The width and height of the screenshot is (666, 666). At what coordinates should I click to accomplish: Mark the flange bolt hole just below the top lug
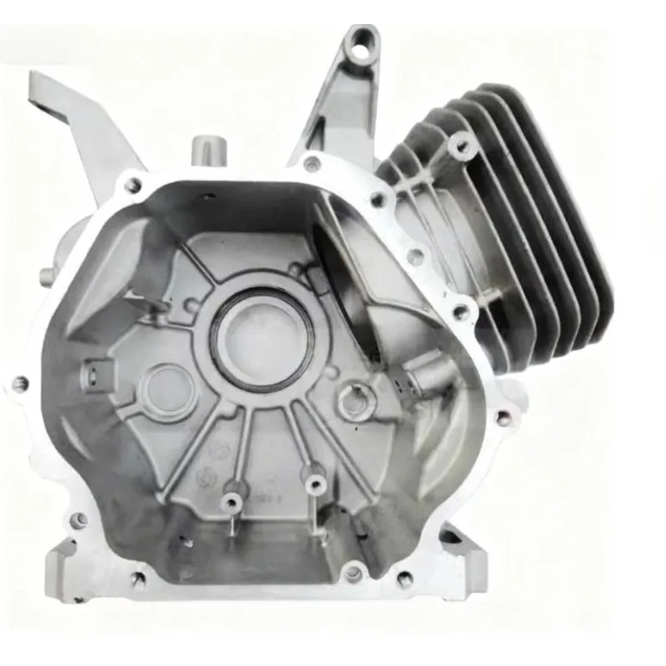coord(311,163)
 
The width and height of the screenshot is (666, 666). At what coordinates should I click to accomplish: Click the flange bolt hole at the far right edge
coord(501,416)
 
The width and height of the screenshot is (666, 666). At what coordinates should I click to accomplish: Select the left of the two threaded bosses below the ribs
coord(231,500)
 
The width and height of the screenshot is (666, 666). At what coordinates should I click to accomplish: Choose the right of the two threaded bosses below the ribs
coord(314,483)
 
